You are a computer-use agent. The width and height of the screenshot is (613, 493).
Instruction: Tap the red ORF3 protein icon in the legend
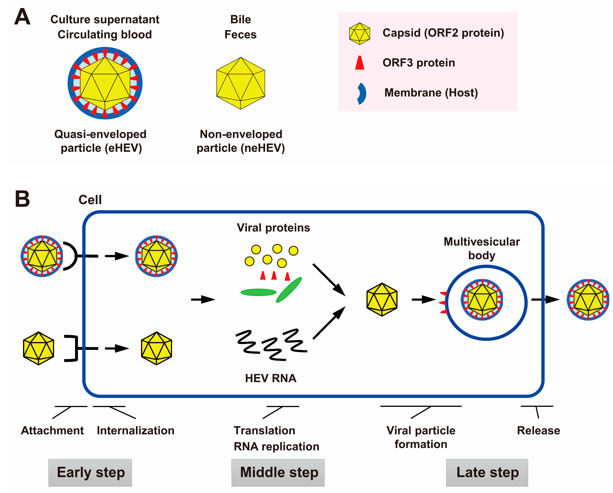coord(360,63)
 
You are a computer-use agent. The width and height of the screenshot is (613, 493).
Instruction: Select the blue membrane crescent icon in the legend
coord(361,93)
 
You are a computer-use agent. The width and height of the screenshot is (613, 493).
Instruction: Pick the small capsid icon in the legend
coord(360,34)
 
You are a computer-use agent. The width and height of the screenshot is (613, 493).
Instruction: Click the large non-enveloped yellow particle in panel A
coord(240,83)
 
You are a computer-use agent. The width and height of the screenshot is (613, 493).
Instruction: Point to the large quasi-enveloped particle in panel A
coord(105,83)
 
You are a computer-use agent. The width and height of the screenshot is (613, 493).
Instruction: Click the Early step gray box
coord(90,473)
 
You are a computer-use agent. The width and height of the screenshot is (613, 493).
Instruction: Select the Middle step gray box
coord(278,473)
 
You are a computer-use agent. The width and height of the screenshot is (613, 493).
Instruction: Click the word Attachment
coord(52,430)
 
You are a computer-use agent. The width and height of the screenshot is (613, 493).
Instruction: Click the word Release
coord(538,430)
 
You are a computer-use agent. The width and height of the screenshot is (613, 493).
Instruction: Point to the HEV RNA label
coord(271,378)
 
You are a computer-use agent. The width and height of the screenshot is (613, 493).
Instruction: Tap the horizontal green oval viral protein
coord(258,292)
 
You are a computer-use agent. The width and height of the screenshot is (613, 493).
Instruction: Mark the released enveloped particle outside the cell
coord(588,300)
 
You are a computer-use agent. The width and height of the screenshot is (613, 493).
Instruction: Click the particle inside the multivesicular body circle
coord(482,300)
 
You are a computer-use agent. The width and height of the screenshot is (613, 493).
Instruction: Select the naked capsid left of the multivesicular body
coord(382,299)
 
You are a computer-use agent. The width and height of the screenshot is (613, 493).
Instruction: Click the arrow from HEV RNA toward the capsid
coord(329,323)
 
